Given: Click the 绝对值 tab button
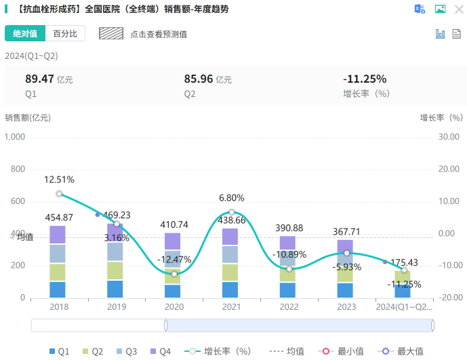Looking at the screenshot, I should (x=25, y=34).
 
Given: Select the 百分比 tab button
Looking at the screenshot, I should (x=65, y=34).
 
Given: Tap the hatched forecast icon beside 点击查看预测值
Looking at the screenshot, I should (x=110, y=33).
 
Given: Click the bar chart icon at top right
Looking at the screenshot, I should (x=440, y=33).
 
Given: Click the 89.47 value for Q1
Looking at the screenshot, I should (x=39, y=79).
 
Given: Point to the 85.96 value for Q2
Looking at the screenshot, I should (x=199, y=79).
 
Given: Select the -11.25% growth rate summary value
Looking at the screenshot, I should (x=365, y=79).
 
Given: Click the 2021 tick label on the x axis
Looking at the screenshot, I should (x=232, y=306).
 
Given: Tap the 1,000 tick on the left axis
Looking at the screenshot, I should (x=15, y=137).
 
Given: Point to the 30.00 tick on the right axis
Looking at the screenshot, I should (x=449, y=137).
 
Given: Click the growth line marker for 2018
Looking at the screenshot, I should (x=60, y=194).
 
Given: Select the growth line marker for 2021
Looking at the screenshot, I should (x=232, y=212).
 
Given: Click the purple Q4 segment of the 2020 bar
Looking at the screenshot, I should (x=174, y=241).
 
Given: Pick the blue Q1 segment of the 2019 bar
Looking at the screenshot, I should (x=115, y=289).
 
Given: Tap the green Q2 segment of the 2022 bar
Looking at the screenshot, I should (x=288, y=275).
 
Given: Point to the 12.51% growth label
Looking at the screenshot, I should (x=60, y=180).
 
